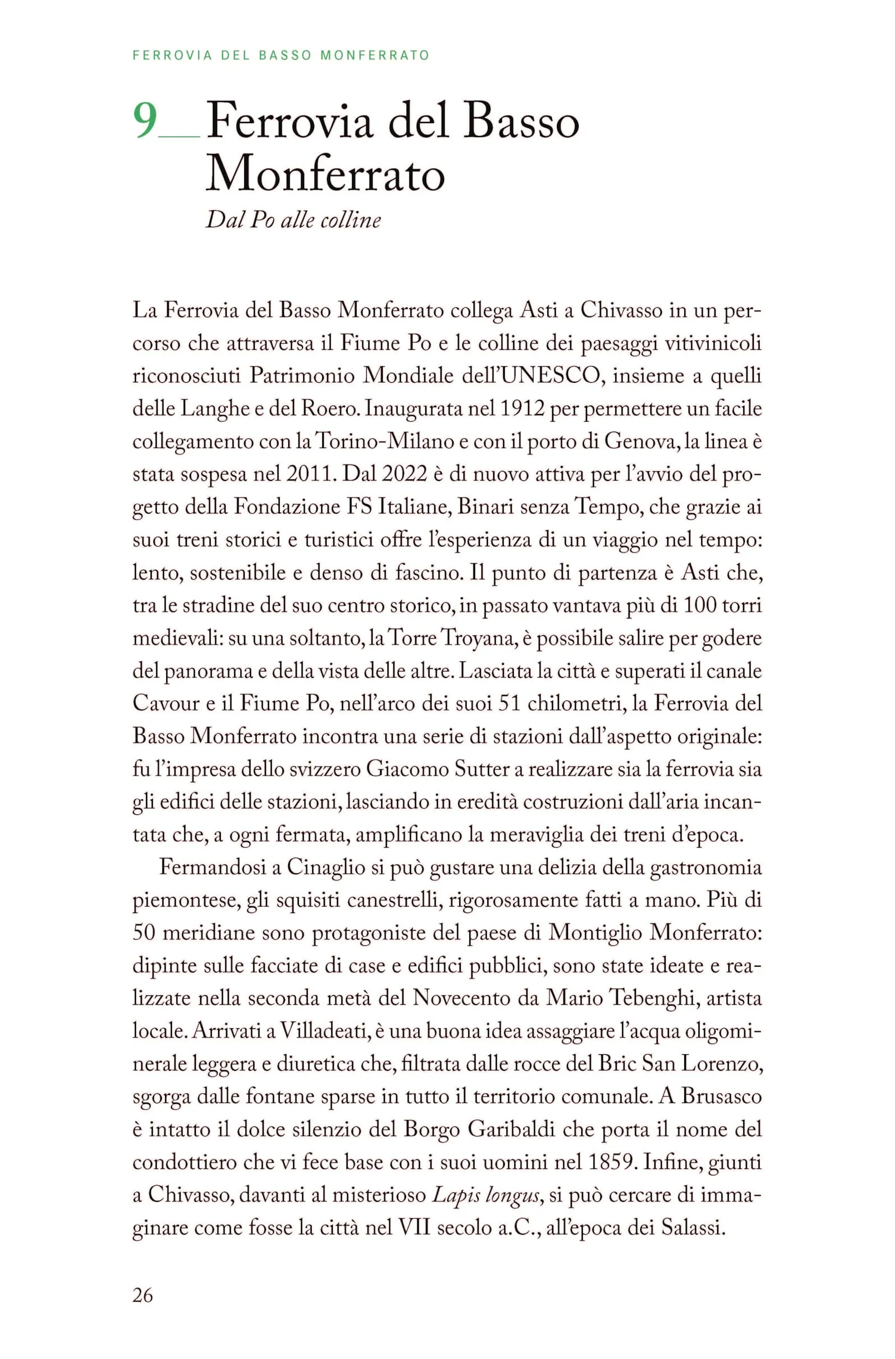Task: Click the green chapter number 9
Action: pos(145,121)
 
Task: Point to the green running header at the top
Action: pos(280,55)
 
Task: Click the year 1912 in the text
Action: pos(521,409)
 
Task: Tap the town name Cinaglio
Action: pos(325,867)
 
